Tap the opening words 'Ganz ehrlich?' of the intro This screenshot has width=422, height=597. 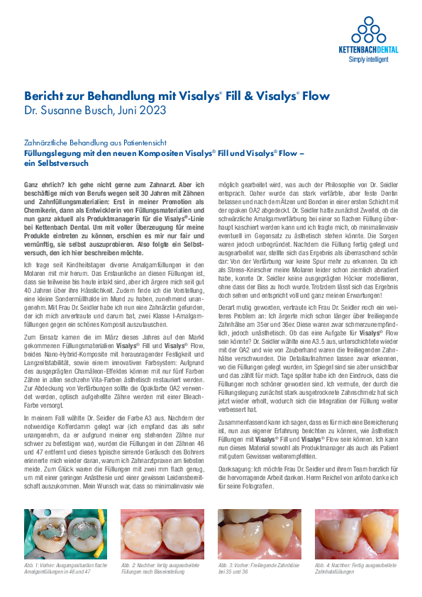click(x=43, y=184)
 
